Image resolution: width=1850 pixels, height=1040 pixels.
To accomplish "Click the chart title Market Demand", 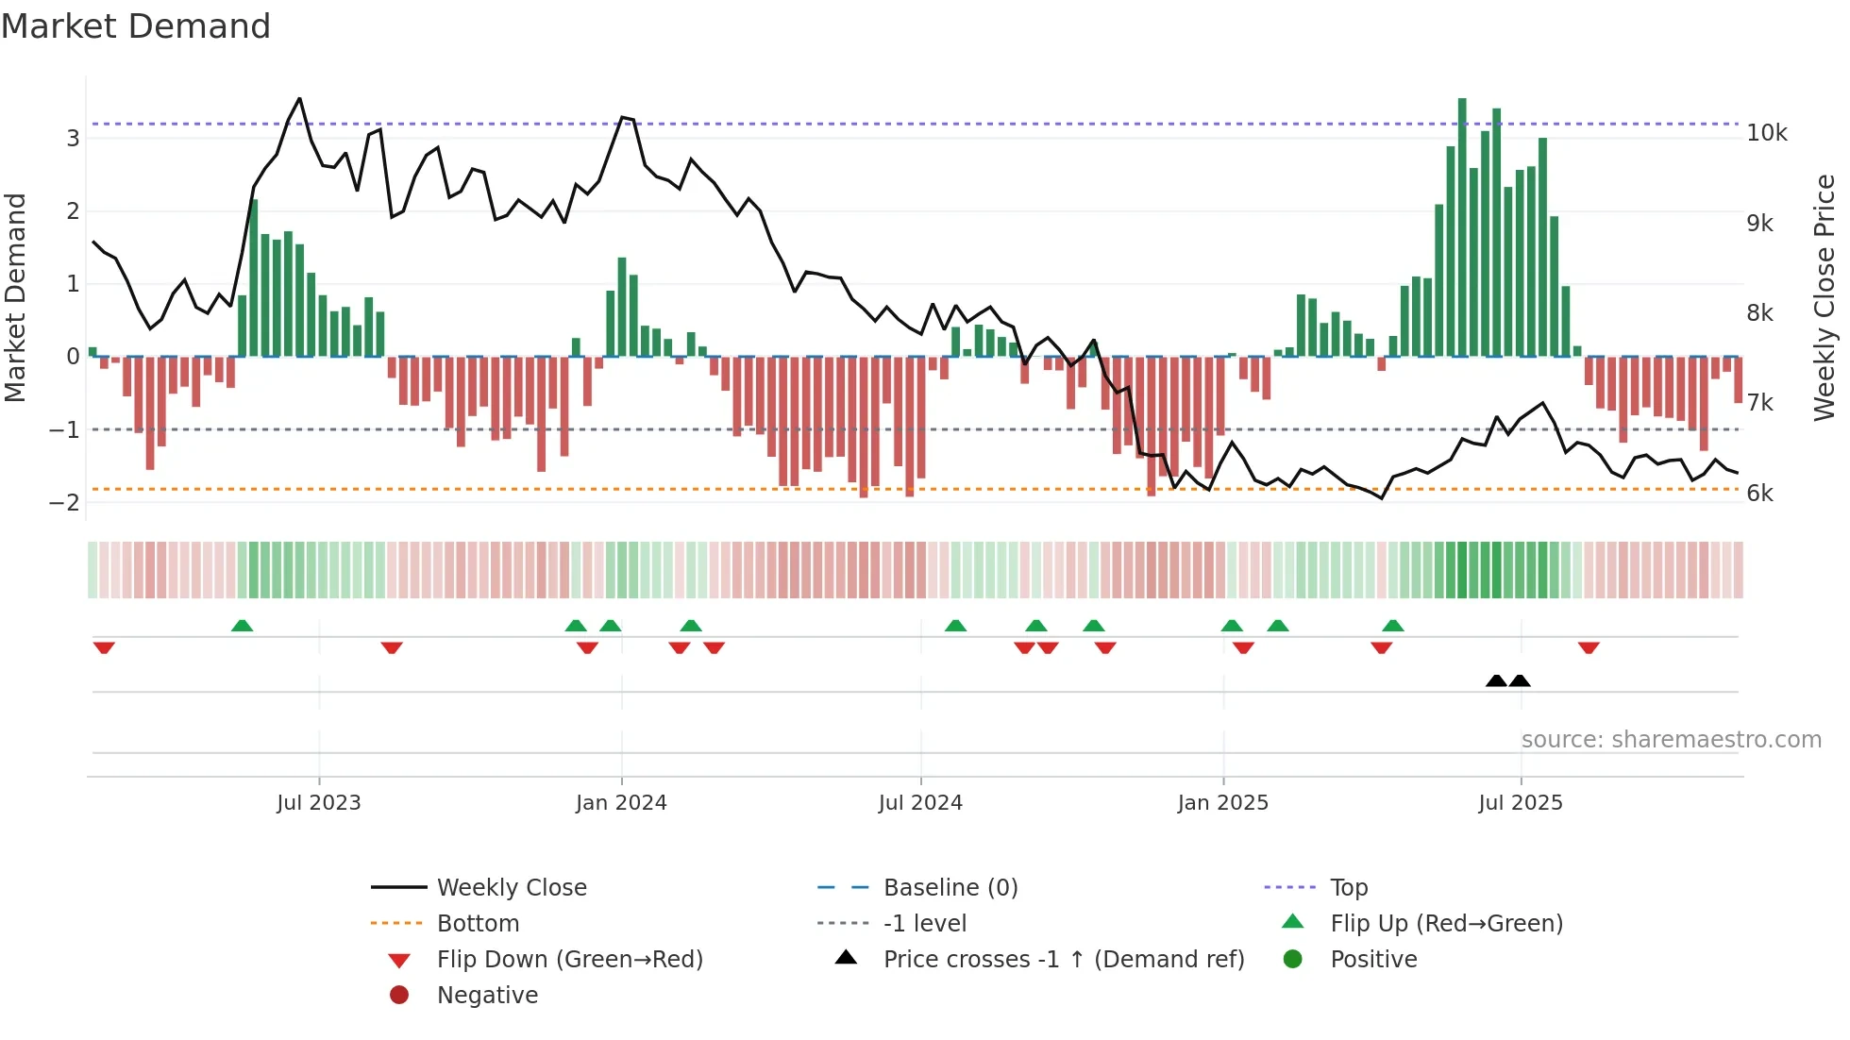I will pyautogui.click(x=136, y=26).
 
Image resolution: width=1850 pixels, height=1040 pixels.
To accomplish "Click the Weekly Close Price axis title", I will pyautogui.click(x=1825, y=297).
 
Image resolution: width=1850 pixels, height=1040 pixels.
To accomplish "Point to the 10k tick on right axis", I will pyautogui.click(x=1766, y=133).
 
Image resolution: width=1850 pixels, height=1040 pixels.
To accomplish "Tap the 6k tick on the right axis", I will pyautogui.click(x=1759, y=494).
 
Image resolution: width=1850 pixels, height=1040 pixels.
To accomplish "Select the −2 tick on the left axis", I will pyautogui.click(x=65, y=502).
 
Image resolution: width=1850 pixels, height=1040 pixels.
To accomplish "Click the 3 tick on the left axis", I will pyautogui.click(x=73, y=139).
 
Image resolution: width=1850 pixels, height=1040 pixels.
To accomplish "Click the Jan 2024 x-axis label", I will pyautogui.click(x=621, y=803).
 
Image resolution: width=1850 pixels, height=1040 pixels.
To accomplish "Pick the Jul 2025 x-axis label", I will pyautogui.click(x=1520, y=803).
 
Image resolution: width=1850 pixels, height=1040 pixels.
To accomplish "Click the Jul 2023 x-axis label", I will pyautogui.click(x=319, y=803).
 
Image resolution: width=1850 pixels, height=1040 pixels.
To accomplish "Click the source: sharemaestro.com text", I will pyautogui.click(x=1671, y=740).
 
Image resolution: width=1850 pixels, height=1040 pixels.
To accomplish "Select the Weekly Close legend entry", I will pyautogui.click(x=511, y=888).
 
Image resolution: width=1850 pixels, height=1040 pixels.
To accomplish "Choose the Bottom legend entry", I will pyautogui.click(x=478, y=924).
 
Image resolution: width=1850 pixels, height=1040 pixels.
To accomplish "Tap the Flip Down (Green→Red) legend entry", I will pyautogui.click(x=569, y=960).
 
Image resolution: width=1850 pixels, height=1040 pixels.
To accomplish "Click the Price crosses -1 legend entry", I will pyautogui.click(x=1063, y=960).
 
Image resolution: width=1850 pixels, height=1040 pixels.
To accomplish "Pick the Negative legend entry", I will pyautogui.click(x=487, y=996).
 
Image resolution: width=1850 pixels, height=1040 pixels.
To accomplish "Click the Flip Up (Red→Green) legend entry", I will pyautogui.click(x=1446, y=924).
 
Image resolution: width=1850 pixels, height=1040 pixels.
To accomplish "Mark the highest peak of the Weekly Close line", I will pyautogui.click(x=299, y=98).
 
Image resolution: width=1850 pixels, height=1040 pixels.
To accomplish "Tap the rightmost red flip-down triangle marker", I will pyautogui.click(x=1589, y=648).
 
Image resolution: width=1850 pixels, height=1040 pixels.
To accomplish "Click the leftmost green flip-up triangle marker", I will pyautogui.click(x=242, y=626).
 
